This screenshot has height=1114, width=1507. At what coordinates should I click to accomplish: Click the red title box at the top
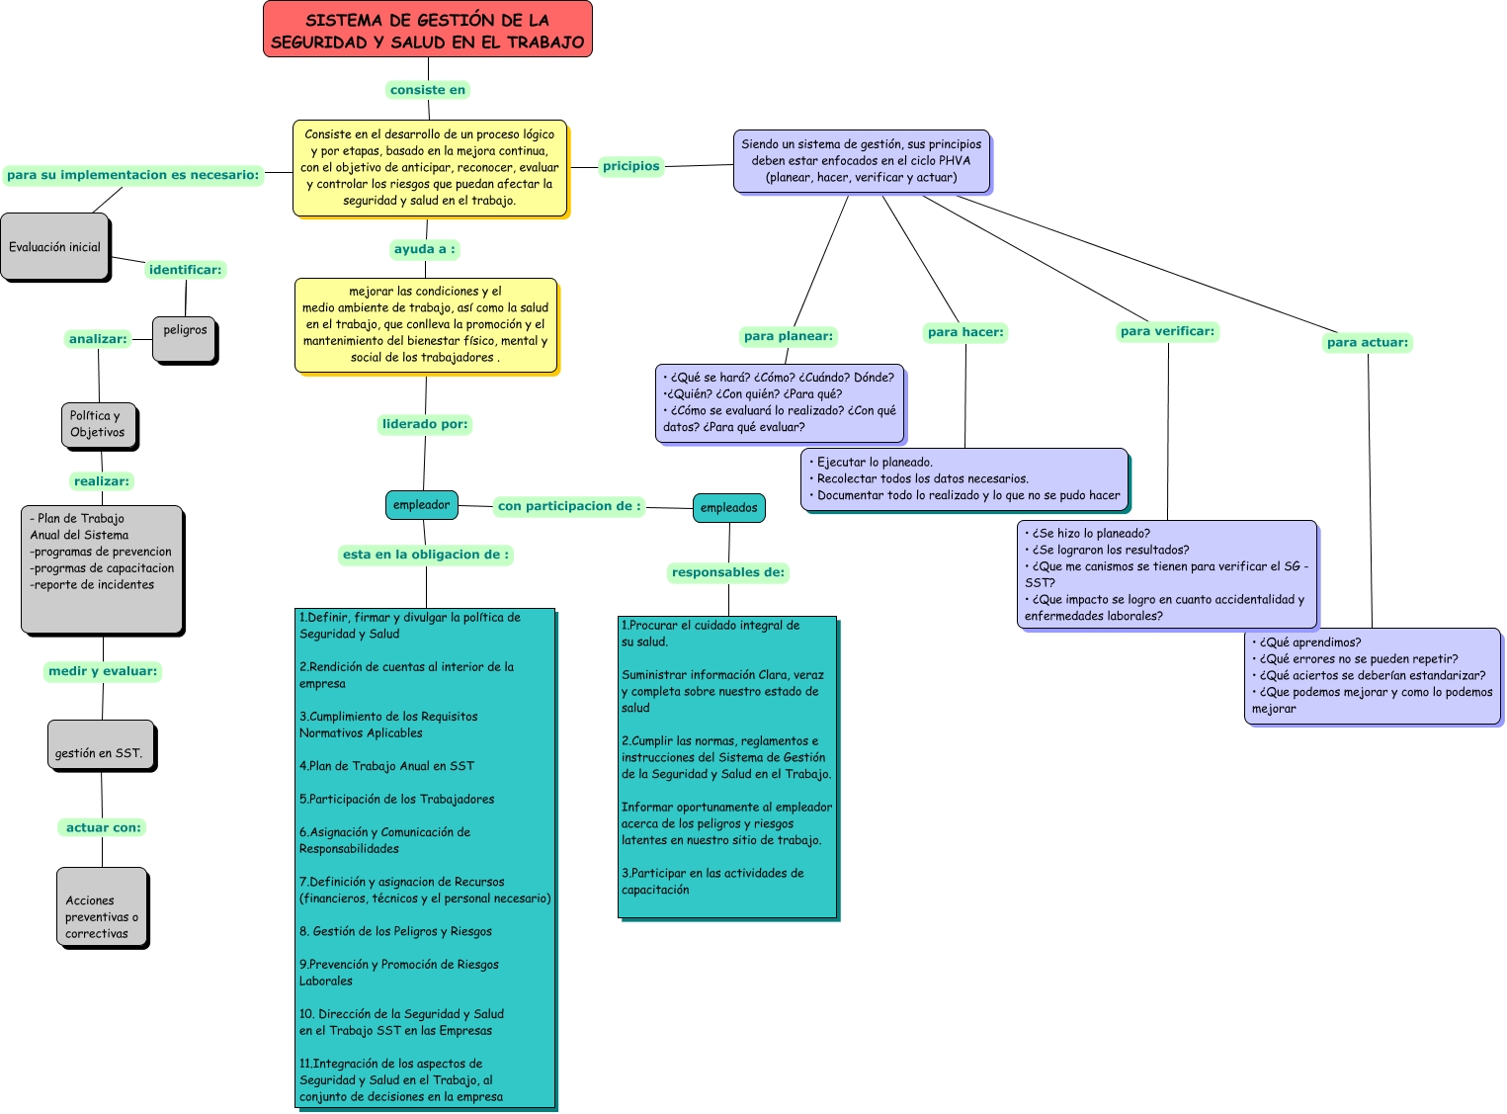point(427,30)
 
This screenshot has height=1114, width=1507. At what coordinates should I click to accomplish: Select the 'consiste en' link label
point(427,90)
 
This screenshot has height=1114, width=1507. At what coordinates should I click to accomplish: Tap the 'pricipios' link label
point(631,166)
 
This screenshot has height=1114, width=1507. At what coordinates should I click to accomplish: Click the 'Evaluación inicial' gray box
point(55,247)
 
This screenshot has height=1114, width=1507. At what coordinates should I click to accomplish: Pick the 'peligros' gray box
point(185,339)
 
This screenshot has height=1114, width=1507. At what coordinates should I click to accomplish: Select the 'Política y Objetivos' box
point(98,425)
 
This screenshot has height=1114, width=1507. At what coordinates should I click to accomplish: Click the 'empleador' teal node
point(421,505)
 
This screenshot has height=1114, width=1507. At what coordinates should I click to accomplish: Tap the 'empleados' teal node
point(728,508)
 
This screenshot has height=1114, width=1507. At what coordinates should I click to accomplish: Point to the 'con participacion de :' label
point(569,506)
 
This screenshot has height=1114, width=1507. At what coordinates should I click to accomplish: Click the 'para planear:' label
point(788,336)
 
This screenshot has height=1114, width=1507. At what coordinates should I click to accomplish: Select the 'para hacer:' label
point(965,332)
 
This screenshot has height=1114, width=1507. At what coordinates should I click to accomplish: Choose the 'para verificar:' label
point(1167,331)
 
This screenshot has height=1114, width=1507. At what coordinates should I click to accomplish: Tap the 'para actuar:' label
point(1368,343)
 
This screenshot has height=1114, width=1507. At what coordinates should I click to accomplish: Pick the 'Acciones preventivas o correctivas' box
point(102,907)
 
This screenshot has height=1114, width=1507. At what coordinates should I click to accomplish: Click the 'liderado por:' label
point(425,424)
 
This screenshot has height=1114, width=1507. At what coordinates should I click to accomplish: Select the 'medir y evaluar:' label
point(103,671)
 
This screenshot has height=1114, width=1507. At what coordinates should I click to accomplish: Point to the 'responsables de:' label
point(728,572)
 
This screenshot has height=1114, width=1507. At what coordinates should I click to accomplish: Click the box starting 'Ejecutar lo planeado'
point(963,479)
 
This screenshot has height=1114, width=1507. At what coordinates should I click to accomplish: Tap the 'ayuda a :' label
point(425,249)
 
